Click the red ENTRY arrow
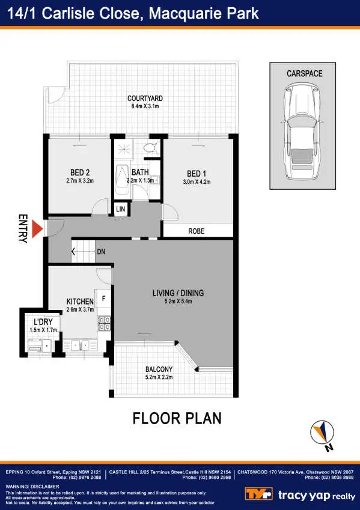(37, 229)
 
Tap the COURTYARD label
(145, 99)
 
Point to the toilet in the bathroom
(150, 146)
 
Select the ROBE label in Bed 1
(197, 230)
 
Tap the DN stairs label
(101, 252)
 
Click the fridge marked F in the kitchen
(103, 298)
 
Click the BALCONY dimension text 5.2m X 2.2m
(159, 377)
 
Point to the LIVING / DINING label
(178, 293)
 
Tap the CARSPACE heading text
(304, 74)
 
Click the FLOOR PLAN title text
(177, 418)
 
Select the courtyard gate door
(54, 93)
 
